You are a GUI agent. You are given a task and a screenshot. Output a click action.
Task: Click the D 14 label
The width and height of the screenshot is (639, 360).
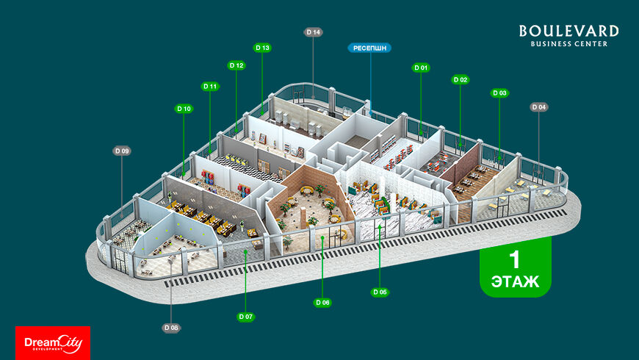(314, 32)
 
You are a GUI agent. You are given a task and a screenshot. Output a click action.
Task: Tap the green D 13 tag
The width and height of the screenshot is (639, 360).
(262, 48)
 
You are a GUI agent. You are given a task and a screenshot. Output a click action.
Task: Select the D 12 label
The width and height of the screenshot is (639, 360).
(237, 65)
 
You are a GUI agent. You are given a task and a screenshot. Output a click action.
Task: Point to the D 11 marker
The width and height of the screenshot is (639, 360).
(210, 86)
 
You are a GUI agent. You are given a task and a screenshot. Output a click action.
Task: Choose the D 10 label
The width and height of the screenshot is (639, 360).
(184, 109)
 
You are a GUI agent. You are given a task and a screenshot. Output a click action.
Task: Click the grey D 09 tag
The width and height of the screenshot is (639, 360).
(122, 151)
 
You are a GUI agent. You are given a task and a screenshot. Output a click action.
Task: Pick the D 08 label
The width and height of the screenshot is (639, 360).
(171, 327)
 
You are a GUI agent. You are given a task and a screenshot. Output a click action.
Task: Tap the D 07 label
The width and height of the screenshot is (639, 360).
(245, 317)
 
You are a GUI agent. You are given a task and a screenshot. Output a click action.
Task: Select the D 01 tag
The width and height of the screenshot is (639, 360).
(421, 68)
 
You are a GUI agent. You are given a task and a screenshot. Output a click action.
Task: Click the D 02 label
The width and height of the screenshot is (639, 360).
(461, 79)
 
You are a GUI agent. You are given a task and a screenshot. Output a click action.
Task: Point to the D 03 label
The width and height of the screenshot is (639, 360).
(499, 93)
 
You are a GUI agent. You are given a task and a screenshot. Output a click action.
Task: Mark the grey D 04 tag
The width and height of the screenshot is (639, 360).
(539, 107)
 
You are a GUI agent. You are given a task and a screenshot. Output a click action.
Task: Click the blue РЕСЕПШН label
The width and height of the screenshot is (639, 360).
(369, 48)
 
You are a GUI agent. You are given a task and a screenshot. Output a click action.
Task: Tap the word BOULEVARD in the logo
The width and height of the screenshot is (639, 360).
(568, 31)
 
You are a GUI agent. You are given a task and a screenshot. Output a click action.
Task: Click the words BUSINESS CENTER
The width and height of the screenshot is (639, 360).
(568, 44)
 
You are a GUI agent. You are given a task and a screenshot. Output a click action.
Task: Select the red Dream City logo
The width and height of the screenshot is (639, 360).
(53, 342)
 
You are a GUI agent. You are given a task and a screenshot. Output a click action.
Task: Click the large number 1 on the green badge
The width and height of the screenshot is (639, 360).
(515, 259)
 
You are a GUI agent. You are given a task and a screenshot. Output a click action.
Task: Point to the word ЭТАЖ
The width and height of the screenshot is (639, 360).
(515, 281)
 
